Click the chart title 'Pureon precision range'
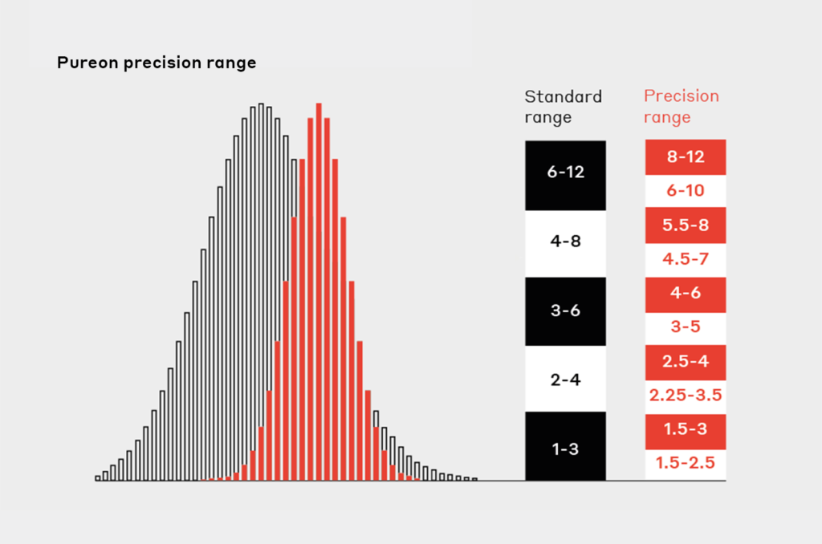tap(157, 63)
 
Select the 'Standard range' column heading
tap(563, 107)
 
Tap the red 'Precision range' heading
tap(681, 107)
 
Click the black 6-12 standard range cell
tap(566, 175)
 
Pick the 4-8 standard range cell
tap(566, 243)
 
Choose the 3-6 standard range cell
tap(566, 311)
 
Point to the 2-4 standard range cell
tap(566, 379)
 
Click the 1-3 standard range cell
tap(566, 446)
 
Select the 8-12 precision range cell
tap(686, 156)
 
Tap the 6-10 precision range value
tap(686, 190)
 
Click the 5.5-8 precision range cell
tap(686, 225)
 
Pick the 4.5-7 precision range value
tap(686, 259)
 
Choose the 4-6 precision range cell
tap(686, 294)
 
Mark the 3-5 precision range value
tap(686, 327)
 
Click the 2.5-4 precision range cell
tap(686, 362)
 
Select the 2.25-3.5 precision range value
tap(686, 395)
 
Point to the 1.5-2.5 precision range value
tap(686, 463)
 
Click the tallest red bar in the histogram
tap(319, 291)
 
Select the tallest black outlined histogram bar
tap(261, 291)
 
